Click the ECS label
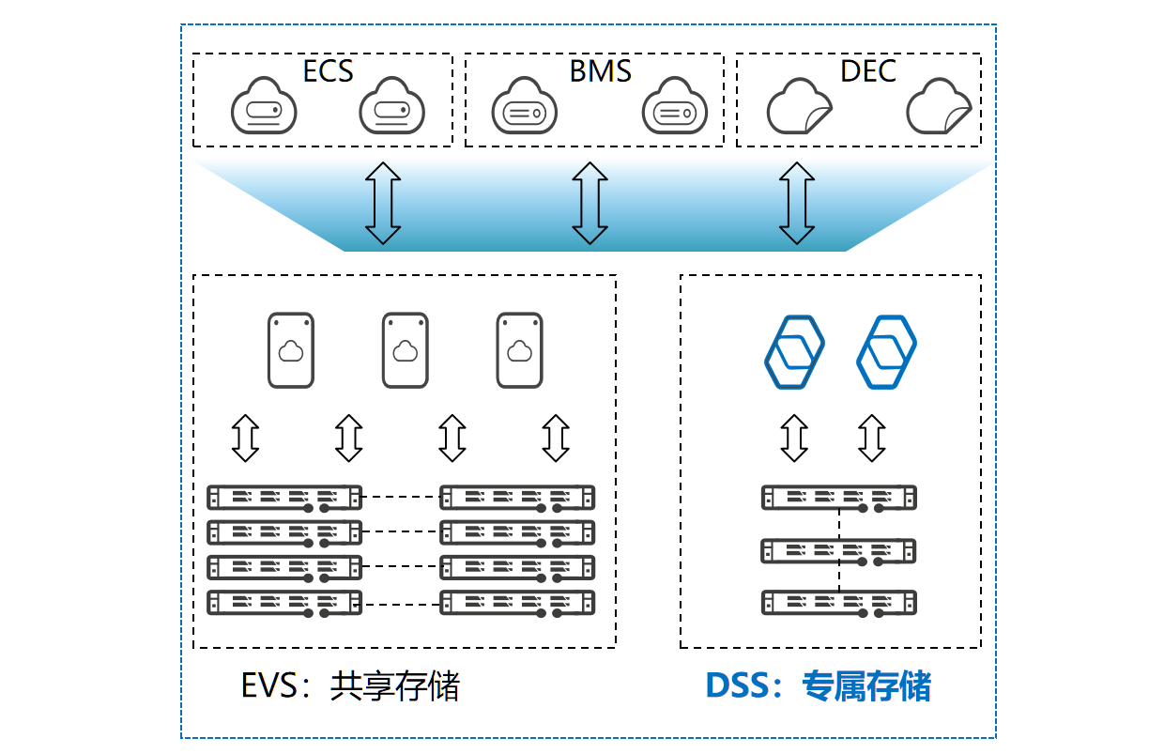[x=328, y=71]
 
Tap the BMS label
[x=600, y=71]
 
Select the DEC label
[x=868, y=71]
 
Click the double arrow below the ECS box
[x=383, y=203]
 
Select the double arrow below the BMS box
[x=590, y=203]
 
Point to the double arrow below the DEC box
[x=797, y=203]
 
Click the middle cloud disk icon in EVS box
[x=406, y=350]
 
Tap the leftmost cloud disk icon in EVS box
[x=291, y=350]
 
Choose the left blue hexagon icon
[x=793, y=351]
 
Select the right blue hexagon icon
[x=886, y=351]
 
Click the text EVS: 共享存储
[x=350, y=687]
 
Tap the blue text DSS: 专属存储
[x=819, y=687]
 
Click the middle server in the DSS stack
[x=838, y=550]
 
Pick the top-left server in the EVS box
[x=283, y=497]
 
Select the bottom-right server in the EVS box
[x=517, y=602]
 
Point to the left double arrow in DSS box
[x=795, y=438]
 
